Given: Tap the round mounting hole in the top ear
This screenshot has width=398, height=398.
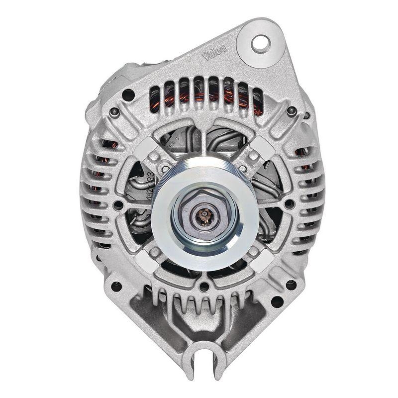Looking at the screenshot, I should point(260,43).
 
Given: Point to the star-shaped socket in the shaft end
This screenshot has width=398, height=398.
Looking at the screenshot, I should point(204,214).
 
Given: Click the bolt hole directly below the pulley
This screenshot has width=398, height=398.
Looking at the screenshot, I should point(204,287).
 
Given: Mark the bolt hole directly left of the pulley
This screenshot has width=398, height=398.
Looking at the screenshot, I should point(119,204).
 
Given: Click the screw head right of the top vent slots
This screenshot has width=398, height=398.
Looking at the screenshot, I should point(292,111).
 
